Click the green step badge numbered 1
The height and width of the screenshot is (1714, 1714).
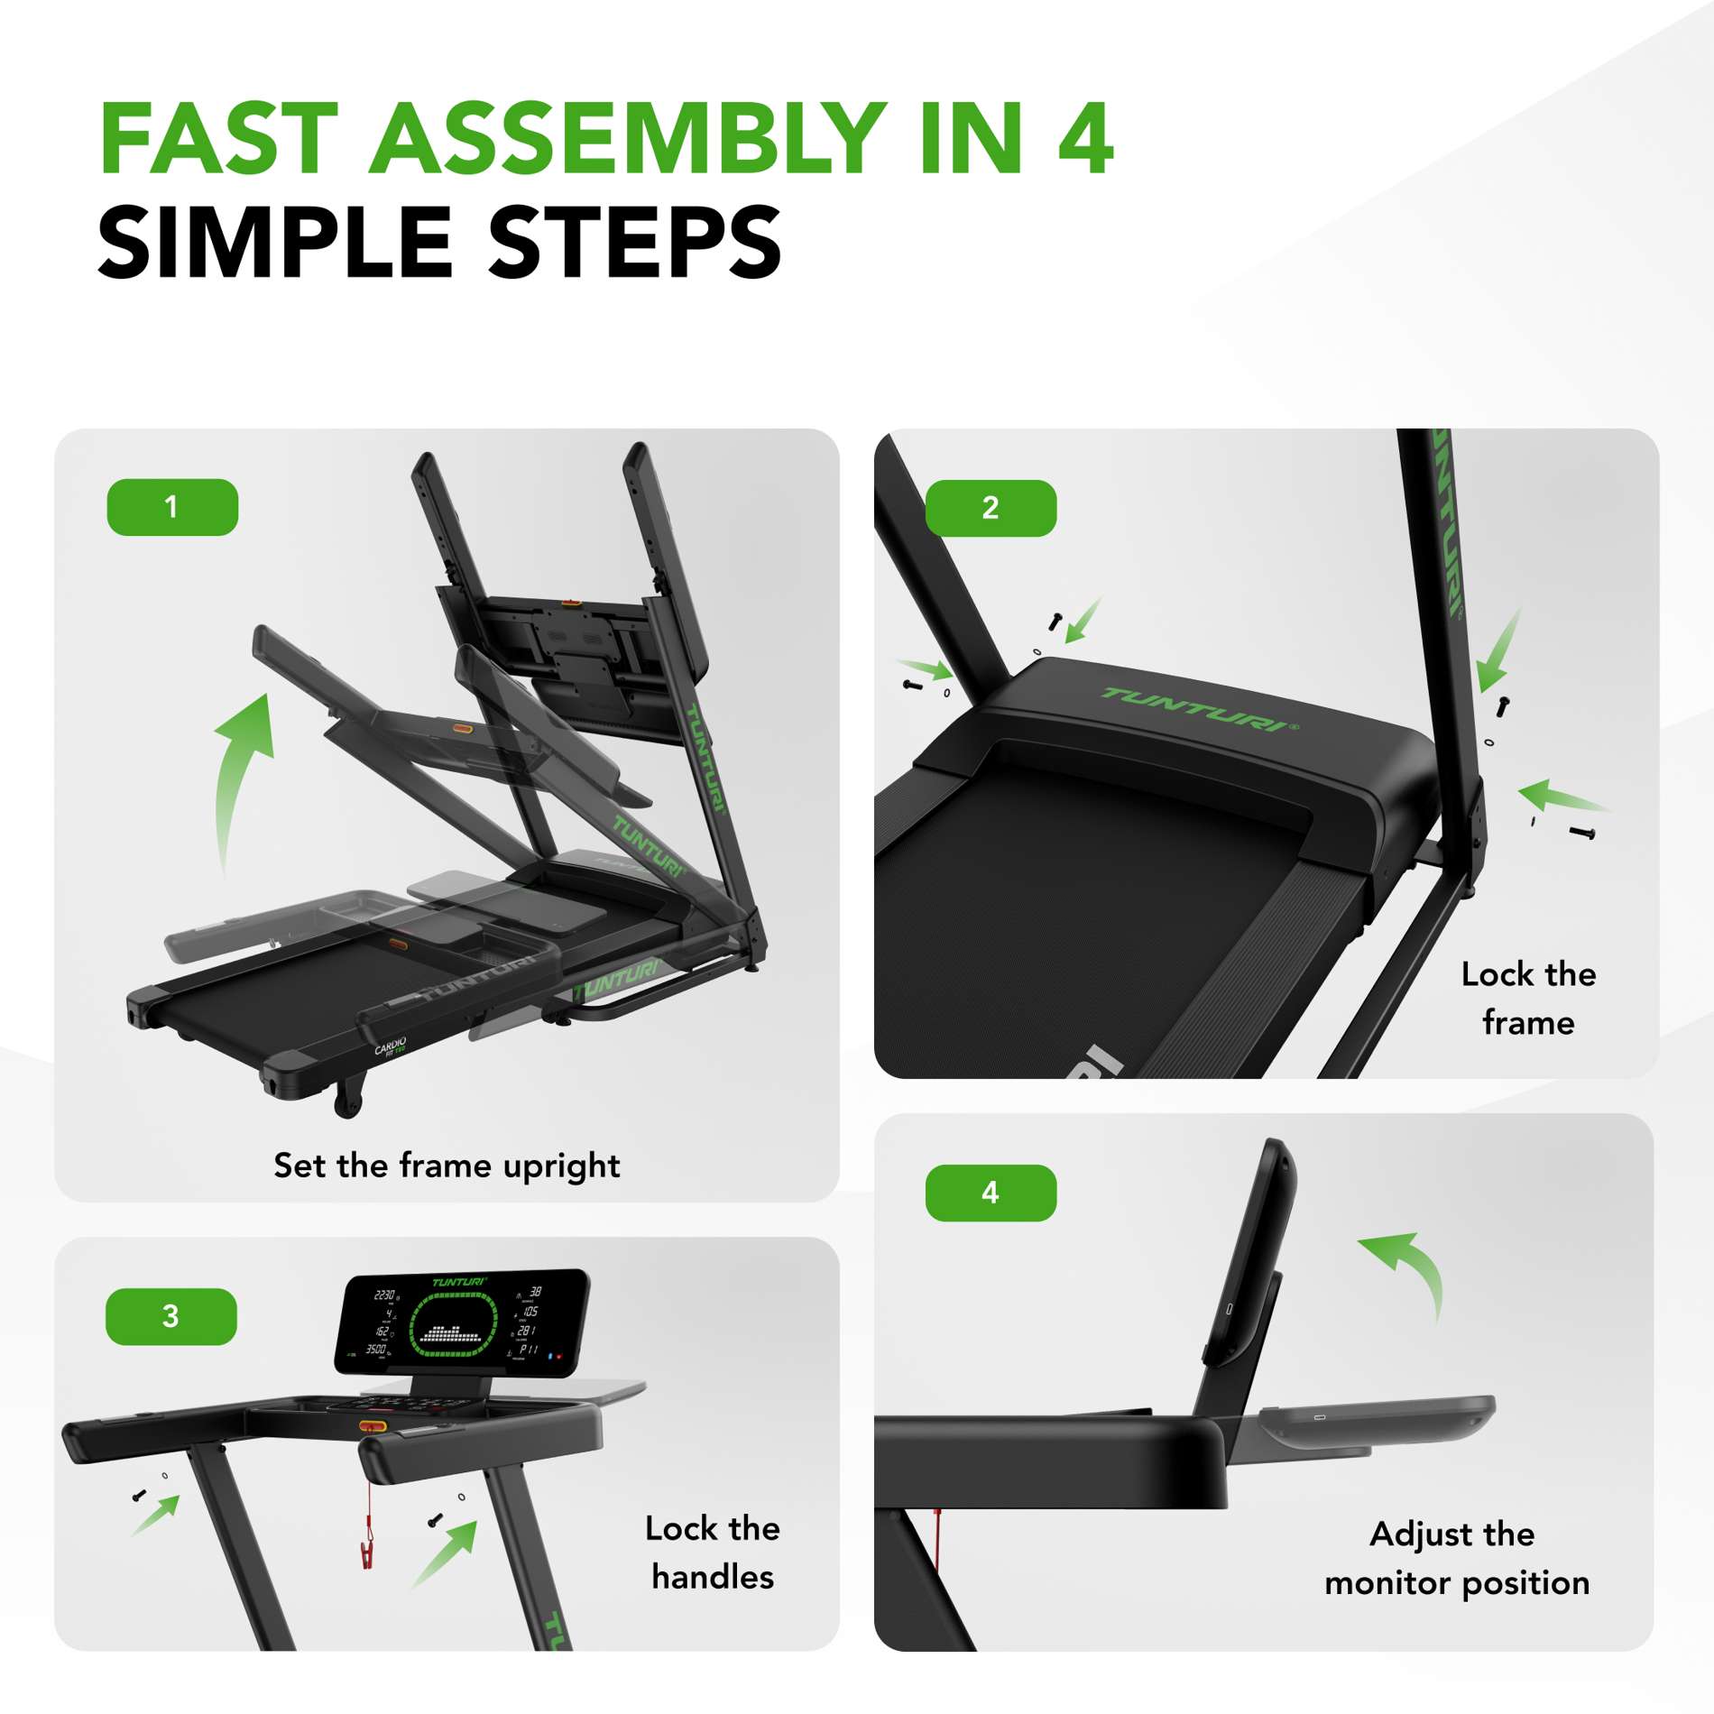point(172,507)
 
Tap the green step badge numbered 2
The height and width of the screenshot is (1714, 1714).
point(991,508)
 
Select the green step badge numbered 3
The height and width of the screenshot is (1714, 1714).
point(171,1316)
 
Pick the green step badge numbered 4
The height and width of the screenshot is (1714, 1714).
point(991,1193)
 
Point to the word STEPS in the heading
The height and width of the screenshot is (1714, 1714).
point(634,243)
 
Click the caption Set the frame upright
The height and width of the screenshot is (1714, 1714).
point(447,1166)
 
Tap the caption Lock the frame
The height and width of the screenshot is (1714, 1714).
point(1528,999)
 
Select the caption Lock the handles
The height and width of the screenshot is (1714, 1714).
point(713,1553)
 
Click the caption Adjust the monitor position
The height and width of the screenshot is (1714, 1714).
point(1456,1558)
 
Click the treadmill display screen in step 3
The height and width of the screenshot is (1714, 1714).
point(462,1323)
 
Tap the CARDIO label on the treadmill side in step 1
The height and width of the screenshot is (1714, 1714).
point(391,1046)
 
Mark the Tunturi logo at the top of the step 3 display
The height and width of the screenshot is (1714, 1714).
point(458,1282)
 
